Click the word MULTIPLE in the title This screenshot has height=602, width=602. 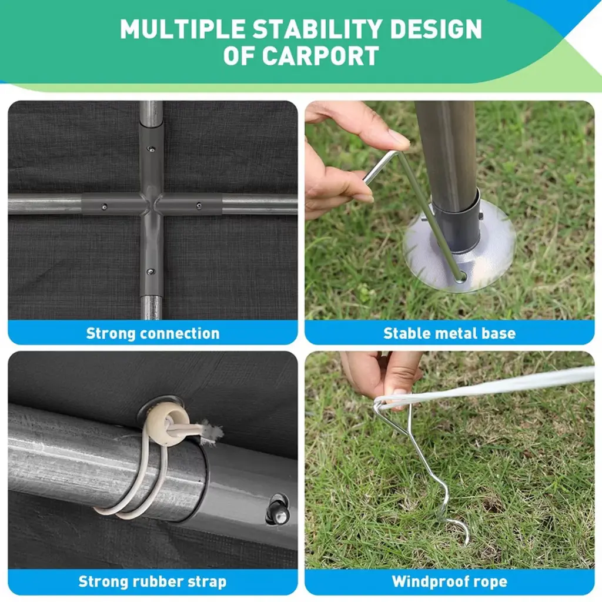tap(183, 29)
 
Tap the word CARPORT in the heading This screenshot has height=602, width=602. tap(321, 56)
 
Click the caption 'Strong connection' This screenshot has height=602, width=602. tap(153, 333)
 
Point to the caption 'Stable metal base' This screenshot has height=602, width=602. tap(449, 333)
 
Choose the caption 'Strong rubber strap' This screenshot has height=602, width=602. tap(152, 581)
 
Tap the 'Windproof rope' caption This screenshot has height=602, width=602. tap(450, 581)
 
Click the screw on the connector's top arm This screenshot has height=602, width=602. tap(152, 149)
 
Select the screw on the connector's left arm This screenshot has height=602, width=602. tap(104, 207)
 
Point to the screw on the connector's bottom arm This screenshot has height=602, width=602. tap(151, 272)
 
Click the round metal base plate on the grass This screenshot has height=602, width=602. tap(459, 246)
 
